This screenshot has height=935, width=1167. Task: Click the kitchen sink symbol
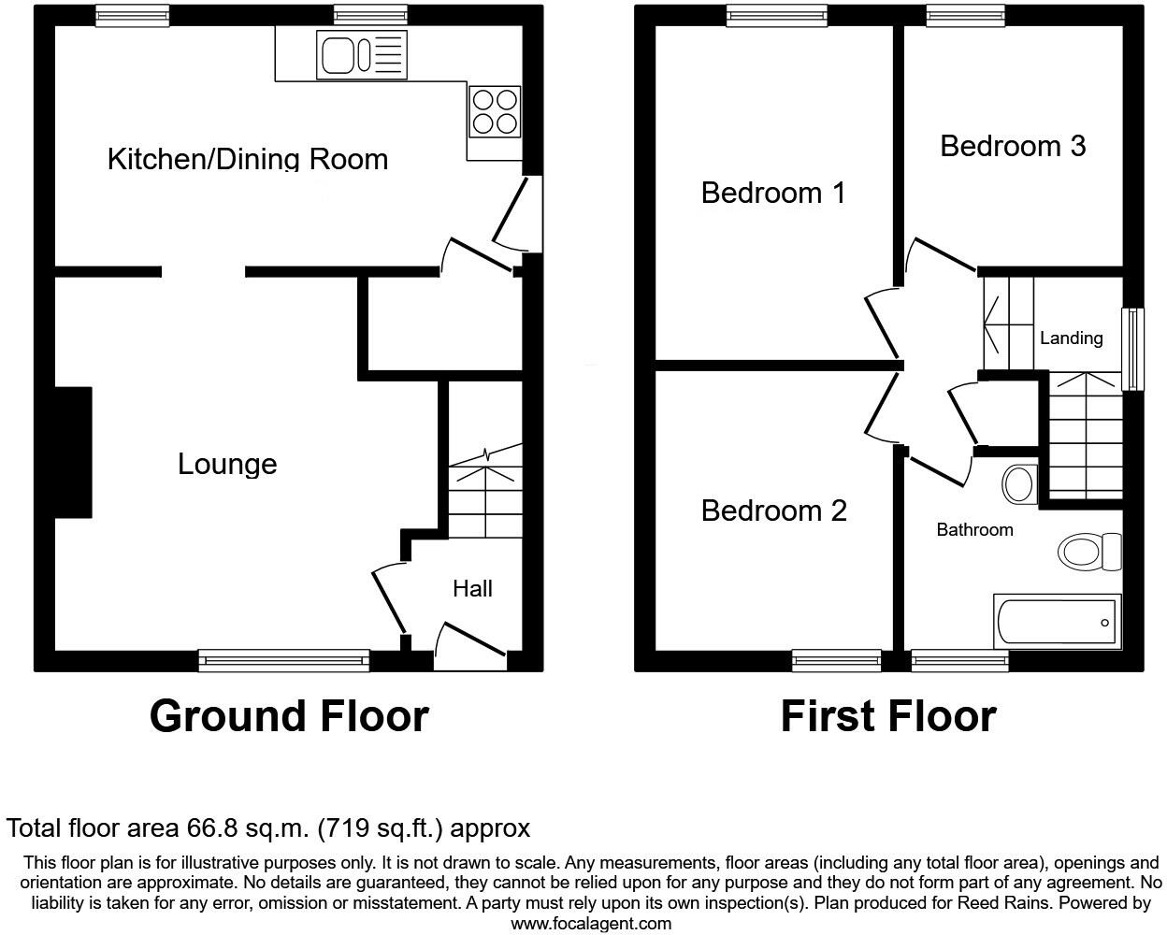point(363,53)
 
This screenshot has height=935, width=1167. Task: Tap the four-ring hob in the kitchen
point(495,111)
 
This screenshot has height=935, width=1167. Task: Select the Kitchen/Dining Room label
point(248,158)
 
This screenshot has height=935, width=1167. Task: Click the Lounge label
point(227,464)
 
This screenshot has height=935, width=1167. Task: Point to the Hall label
point(472,588)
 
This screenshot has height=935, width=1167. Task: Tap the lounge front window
point(284,661)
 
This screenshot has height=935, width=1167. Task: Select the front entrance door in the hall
point(470,645)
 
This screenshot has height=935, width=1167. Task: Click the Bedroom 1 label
point(773,193)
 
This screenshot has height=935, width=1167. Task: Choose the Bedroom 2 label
point(773,511)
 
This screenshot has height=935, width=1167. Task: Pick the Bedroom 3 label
point(1013,146)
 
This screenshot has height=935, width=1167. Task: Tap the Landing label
point(1071,338)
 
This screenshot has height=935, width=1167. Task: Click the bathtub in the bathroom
point(1059,622)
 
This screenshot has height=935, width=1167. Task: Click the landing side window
point(1132,349)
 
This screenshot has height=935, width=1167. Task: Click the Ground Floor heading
point(289,716)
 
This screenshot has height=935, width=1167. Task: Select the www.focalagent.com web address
point(591,924)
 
